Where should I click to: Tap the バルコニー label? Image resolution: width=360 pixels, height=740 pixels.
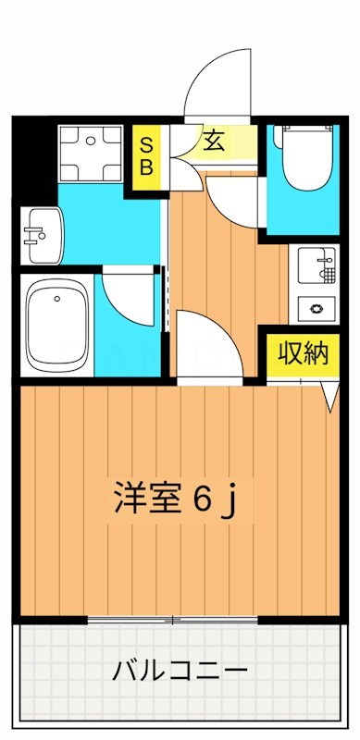coord(180,670)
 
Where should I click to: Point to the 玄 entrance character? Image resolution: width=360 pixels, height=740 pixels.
coord(214,142)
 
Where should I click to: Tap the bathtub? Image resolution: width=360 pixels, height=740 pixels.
coord(58,323)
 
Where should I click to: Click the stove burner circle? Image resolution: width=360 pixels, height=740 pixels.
coord(317,307)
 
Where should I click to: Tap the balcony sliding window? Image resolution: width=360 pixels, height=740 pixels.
coord(170,619)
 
